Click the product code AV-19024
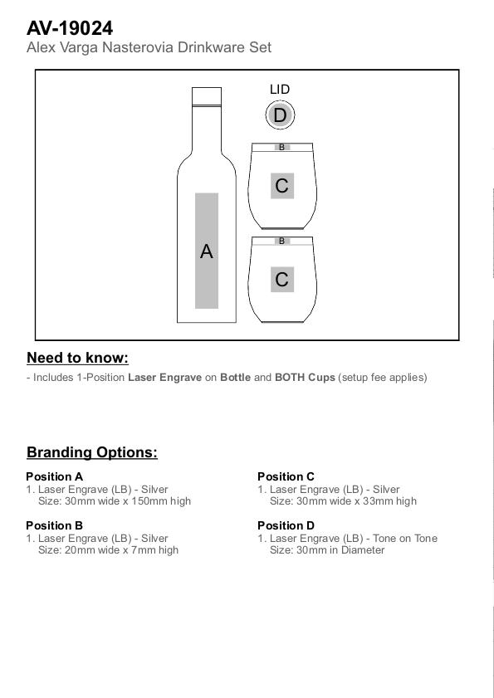click(x=70, y=28)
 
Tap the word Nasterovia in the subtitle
click(x=138, y=47)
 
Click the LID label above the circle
click(x=280, y=89)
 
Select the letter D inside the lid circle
click(x=280, y=115)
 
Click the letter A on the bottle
click(x=206, y=251)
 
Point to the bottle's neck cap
click(x=207, y=96)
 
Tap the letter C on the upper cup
click(x=281, y=186)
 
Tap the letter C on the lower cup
click(x=281, y=280)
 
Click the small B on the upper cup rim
click(x=281, y=147)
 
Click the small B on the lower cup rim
click(x=281, y=241)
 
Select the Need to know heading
click(x=77, y=358)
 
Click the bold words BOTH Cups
click(x=305, y=378)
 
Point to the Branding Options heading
click(x=92, y=452)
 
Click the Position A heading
click(x=54, y=476)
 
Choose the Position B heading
click(x=54, y=525)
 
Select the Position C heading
click(x=286, y=476)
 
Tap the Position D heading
click(x=286, y=525)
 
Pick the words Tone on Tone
click(x=405, y=538)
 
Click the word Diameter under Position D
click(x=363, y=549)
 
